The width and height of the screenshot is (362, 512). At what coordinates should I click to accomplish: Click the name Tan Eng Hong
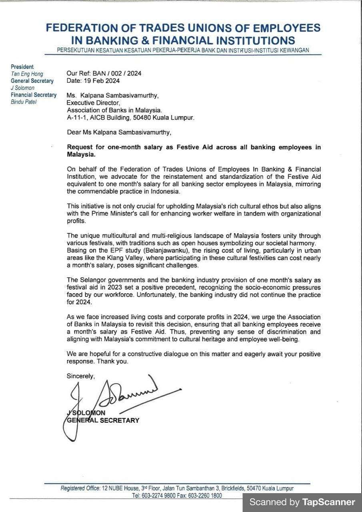[x=27, y=74]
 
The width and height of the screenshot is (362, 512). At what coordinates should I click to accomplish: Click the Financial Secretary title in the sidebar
[x=34, y=95]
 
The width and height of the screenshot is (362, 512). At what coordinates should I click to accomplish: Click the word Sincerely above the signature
[x=81, y=376]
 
